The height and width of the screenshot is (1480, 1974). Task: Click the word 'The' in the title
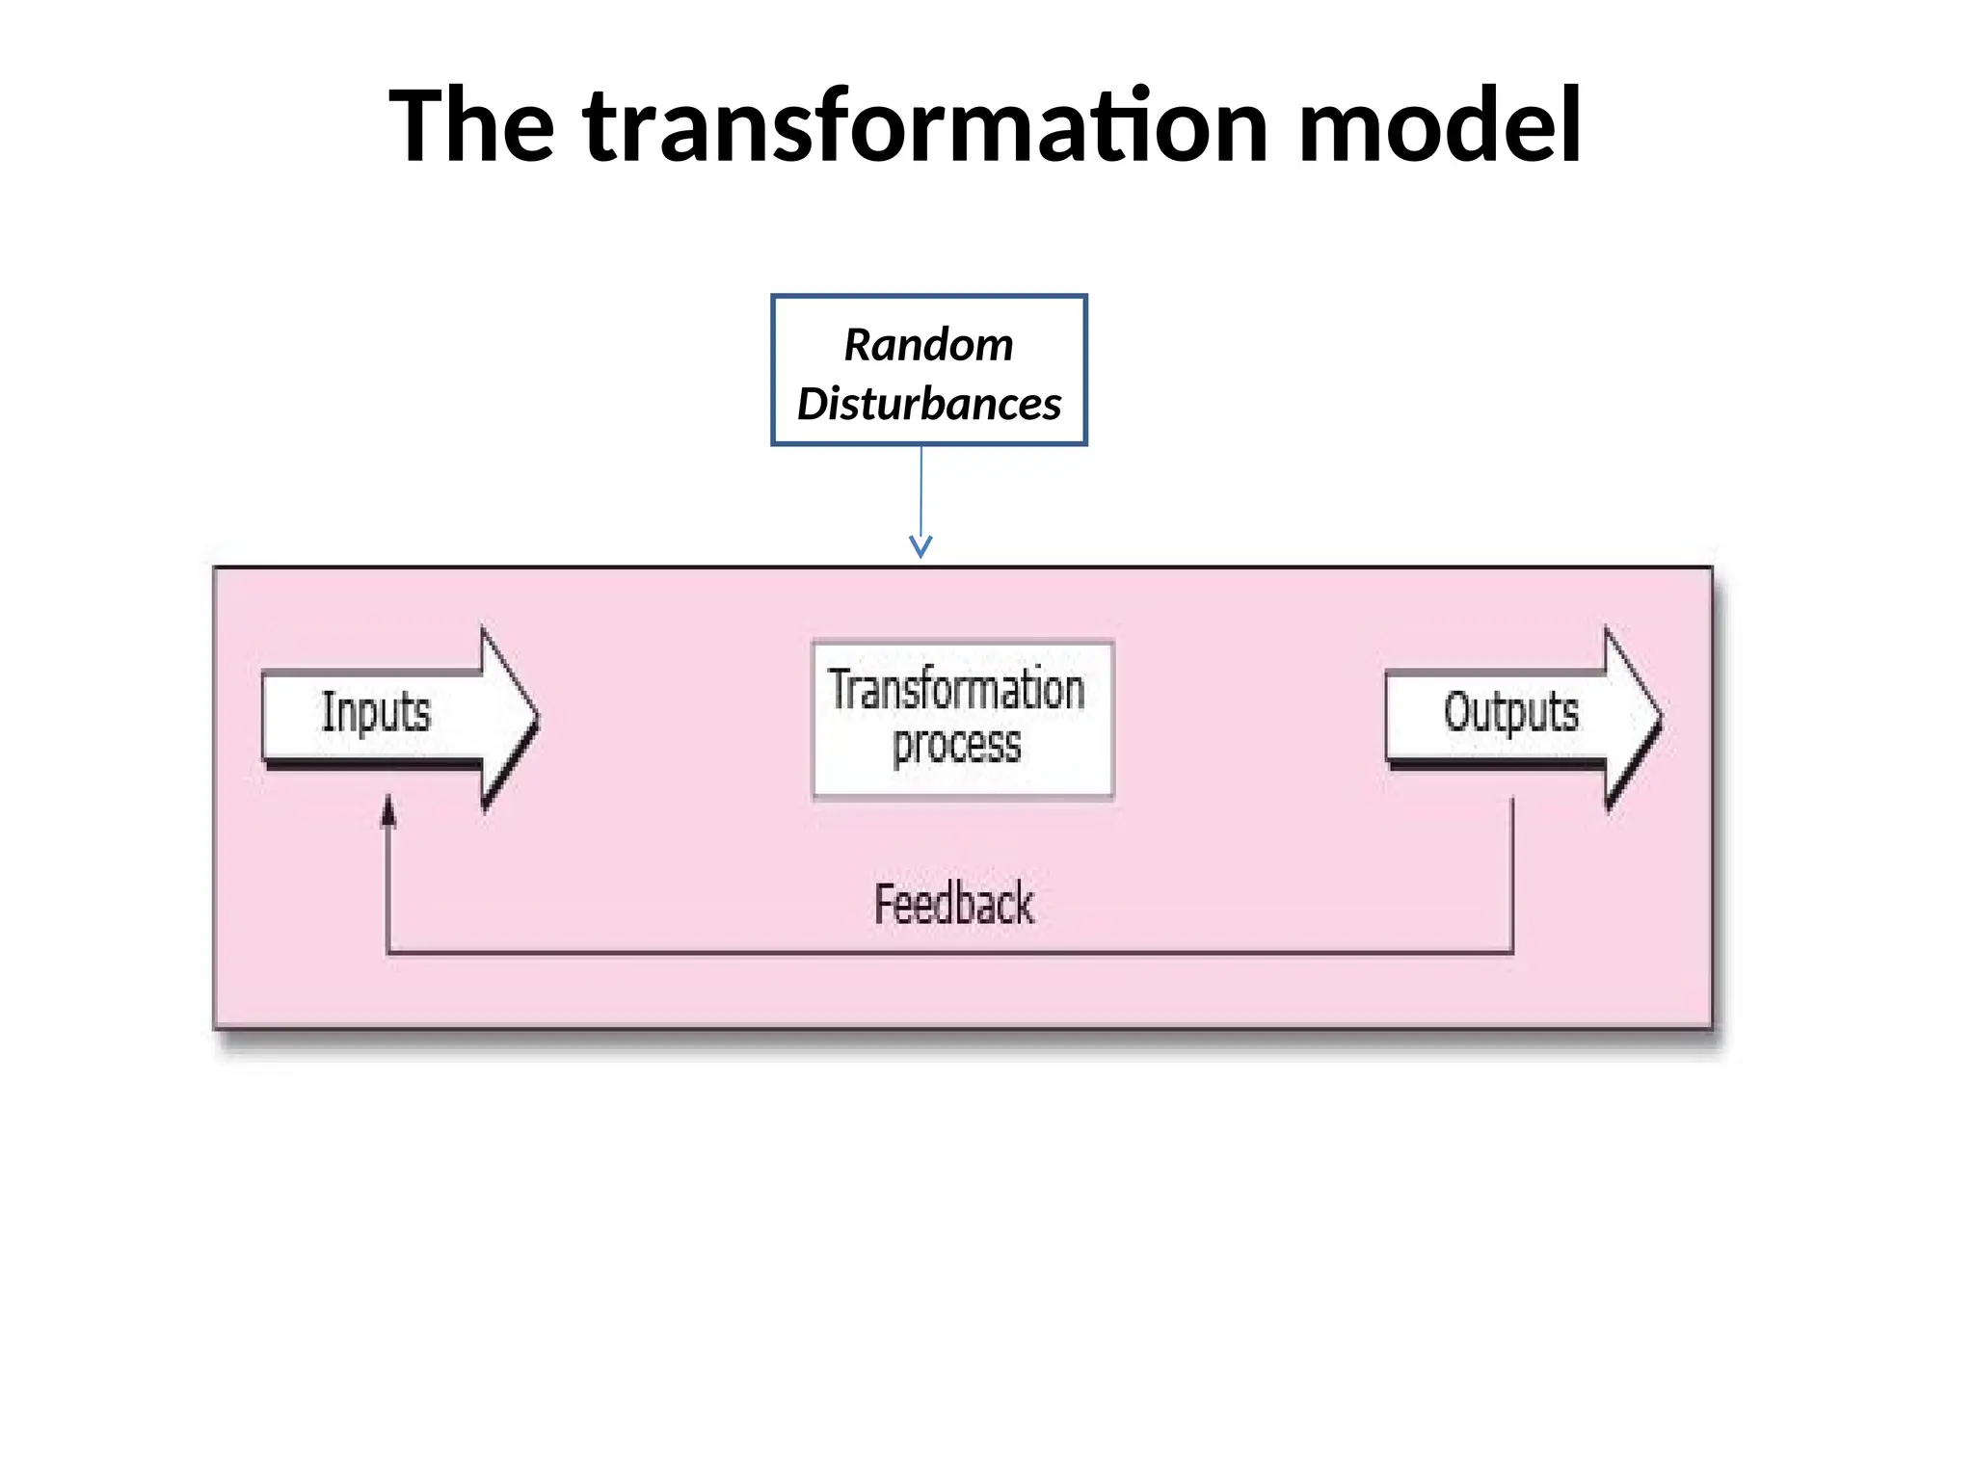click(471, 126)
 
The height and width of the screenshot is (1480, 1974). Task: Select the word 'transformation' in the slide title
click(925, 126)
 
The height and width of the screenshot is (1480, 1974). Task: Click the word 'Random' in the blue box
click(928, 345)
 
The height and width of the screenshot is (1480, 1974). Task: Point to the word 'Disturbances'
click(928, 404)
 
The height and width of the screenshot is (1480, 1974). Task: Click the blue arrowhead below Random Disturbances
click(920, 547)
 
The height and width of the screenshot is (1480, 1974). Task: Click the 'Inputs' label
click(376, 712)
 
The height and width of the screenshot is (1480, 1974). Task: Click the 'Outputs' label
click(1510, 713)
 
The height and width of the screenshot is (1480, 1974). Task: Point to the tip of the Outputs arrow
click(1659, 718)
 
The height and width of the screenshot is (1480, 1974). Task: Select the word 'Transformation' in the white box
click(956, 690)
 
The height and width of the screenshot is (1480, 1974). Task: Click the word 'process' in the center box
click(956, 746)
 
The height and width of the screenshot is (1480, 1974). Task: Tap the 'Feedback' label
click(953, 904)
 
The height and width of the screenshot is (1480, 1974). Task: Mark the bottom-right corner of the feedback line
click(1511, 953)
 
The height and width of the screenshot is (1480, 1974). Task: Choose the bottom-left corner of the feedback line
click(387, 953)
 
